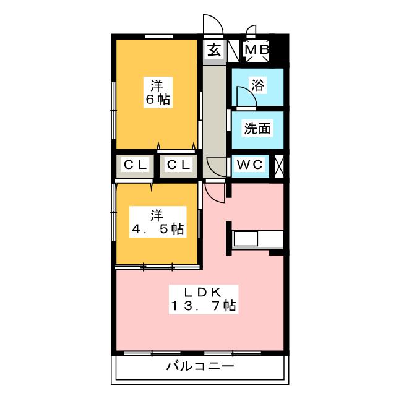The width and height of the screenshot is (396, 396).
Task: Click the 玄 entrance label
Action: coord(214,50)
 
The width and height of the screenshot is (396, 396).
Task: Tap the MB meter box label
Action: coord(257,49)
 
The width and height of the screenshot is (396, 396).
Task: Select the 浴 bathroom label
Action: coord(257,85)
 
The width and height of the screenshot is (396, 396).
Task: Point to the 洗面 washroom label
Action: coord(257,128)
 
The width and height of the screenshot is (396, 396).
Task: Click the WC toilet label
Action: coord(250,165)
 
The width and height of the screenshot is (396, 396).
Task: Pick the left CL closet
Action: coord(135,165)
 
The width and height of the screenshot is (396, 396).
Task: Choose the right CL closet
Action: coord(178,165)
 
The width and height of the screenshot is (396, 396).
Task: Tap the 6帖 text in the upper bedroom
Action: coord(158,100)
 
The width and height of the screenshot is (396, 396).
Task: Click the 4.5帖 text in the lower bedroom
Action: coord(158,229)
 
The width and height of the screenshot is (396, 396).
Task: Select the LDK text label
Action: coord(203,293)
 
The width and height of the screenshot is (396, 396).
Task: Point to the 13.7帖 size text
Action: coord(204,306)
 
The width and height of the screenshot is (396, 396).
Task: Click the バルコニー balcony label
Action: coord(200,366)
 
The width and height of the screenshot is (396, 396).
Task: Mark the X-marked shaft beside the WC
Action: coord(279,165)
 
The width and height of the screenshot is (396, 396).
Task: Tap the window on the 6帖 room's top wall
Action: coord(158,37)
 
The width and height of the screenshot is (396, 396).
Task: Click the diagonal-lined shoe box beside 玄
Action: coord(233,51)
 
